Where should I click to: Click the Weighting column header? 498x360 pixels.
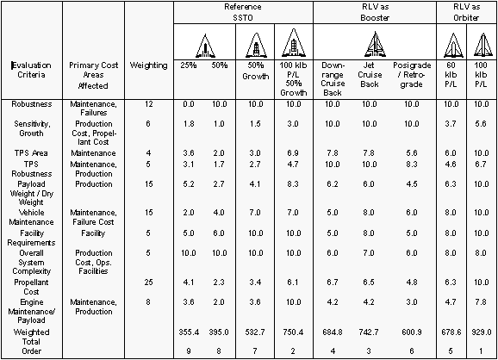(x=148, y=65)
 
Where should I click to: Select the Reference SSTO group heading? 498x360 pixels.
(x=243, y=12)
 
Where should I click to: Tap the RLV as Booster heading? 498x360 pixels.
(x=375, y=12)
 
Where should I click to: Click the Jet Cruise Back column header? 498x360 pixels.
(x=369, y=75)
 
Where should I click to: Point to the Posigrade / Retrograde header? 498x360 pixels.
(x=412, y=75)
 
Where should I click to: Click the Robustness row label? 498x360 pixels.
(x=31, y=104)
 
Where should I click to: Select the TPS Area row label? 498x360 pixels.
(x=31, y=153)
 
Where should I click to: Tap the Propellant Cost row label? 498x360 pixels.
(x=31, y=287)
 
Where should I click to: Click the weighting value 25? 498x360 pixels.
(x=148, y=282)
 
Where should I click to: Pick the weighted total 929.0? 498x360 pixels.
(x=481, y=332)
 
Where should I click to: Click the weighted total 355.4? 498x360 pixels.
(x=189, y=332)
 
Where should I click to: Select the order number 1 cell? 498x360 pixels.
(x=481, y=351)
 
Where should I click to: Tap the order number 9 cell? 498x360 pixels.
(x=189, y=351)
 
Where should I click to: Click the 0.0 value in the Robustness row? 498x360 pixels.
(x=189, y=104)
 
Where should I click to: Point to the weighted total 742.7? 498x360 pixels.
(x=369, y=332)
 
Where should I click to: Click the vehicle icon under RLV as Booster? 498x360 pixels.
(x=375, y=44)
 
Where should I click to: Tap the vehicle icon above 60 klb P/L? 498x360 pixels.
(x=453, y=46)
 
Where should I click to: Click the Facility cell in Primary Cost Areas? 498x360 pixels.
(x=93, y=233)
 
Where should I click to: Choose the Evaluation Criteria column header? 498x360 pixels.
(x=31, y=70)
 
